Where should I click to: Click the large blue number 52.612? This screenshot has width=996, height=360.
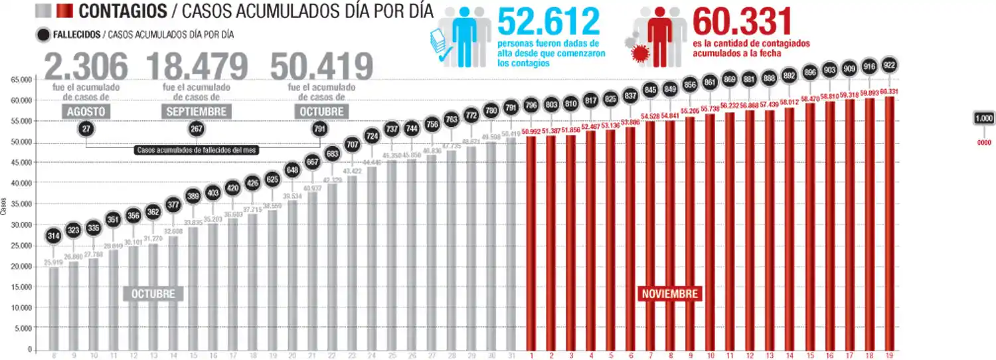(x=548, y=21)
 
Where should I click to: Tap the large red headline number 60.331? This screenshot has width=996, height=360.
(x=742, y=21)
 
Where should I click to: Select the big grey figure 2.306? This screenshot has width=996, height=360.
(x=86, y=66)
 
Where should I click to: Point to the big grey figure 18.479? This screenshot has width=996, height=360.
(x=197, y=66)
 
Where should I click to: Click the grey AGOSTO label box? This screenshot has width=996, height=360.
(x=86, y=112)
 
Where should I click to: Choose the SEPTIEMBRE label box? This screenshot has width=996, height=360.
(x=197, y=112)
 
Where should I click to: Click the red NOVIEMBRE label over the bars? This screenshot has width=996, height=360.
(x=669, y=294)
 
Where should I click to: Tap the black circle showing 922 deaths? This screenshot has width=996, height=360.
(x=890, y=66)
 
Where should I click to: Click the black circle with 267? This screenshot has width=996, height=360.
(x=197, y=129)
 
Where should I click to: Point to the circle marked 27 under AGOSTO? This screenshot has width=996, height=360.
(x=86, y=129)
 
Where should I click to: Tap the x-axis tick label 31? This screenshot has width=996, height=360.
(x=511, y=355)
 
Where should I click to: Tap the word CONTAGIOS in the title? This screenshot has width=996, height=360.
(x=123, y=11)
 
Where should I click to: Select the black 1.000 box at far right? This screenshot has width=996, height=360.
(x=984, y=118)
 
